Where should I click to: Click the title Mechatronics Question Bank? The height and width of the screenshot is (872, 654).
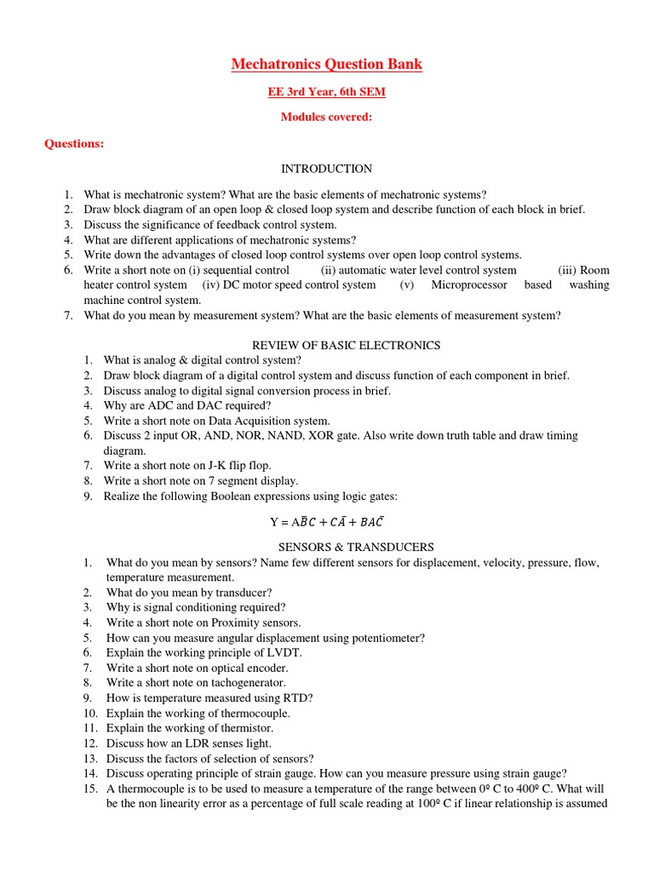click(x=326, y=65)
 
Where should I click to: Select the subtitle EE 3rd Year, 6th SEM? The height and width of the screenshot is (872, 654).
click(x=326, y=92)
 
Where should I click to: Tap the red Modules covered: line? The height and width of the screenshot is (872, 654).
click(x=326, y=118)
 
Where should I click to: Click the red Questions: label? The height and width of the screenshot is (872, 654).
click(x=74, y=144)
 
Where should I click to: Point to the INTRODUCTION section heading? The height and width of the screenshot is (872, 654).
click(x=326, y=169)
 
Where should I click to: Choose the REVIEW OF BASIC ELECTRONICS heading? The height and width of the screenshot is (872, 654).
click(x=347, y=345)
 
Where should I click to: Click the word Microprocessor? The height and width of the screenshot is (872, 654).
click(x=469, y=285)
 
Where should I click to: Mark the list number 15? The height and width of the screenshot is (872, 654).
click(x=90, y=789)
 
